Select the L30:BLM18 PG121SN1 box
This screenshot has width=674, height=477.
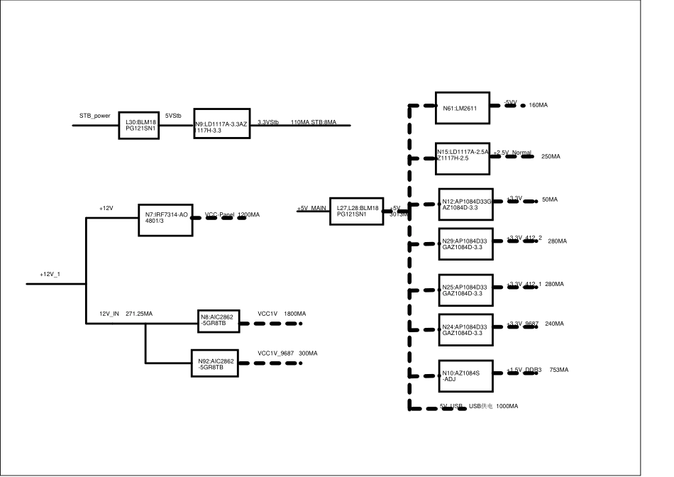click(138, 125)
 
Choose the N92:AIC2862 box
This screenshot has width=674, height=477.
click(212, 364)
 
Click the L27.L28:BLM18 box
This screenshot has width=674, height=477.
click(356, 211)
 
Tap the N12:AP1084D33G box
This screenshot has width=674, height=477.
click(463, 204)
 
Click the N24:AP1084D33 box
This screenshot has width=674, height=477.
click(463, 330)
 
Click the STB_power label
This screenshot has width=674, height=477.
click(94, 114)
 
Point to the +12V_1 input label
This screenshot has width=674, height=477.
click(51, 274)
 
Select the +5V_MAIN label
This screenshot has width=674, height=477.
click(312, 208)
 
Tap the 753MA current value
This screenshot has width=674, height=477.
click(560, 370)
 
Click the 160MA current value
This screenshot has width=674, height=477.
click(538, 105)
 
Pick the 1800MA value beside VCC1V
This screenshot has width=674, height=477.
click(294, 313)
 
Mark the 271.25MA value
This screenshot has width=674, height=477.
click(139, 313)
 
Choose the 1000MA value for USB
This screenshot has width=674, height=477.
click(507, 406)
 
